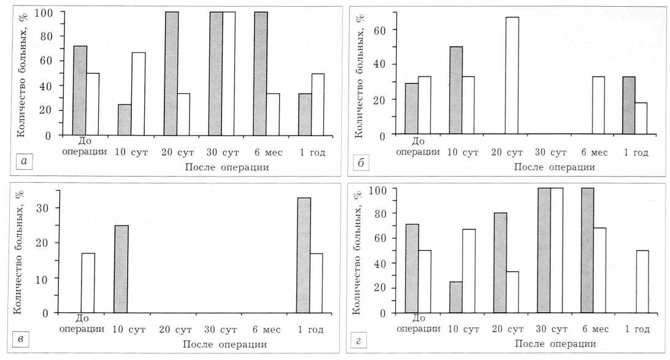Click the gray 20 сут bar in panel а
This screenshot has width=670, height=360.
[x=171, y=74]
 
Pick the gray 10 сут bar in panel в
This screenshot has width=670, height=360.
[x=121, y=269]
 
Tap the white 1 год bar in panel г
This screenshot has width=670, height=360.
[x=642, y=281]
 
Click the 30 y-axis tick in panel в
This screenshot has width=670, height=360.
[x=45, y=208]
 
